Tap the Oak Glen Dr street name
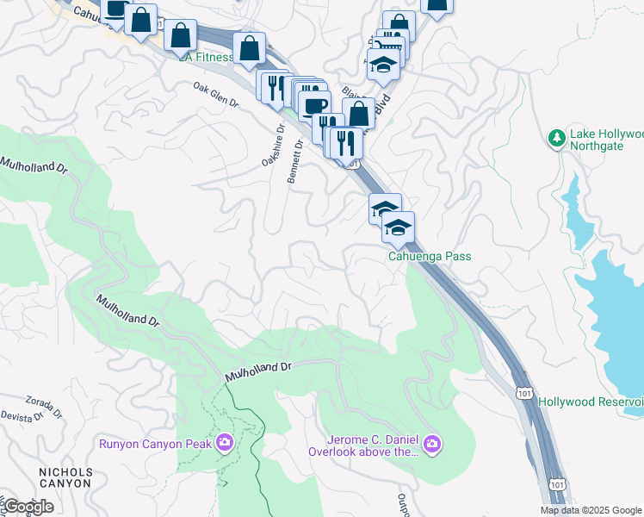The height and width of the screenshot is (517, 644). click(x=215, y=96)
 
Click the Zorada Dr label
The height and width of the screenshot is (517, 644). click(x=44, y=406)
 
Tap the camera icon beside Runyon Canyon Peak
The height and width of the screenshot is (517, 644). click(x=225, y=443)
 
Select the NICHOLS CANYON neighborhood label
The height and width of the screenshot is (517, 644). click(x=65, y=477)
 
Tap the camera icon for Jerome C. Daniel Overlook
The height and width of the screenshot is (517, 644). click(x=431, y=445)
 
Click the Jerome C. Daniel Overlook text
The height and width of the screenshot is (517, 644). click(x=371, y=445)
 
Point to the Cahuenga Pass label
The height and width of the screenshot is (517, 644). click(x=430, y=256)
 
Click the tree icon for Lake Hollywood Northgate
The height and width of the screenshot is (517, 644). click(x=557, y=138)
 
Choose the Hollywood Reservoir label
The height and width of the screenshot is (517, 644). click(x=591, y=402)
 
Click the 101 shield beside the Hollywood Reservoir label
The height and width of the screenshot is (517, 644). click(x=524, y=393)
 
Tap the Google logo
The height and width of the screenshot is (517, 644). click(x=28, y=507)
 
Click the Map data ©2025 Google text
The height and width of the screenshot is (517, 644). click(x=591, y=510)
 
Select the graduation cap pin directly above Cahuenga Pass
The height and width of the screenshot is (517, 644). click(x=398, y=227)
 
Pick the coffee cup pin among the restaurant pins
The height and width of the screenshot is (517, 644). click(x=314, y=105)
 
